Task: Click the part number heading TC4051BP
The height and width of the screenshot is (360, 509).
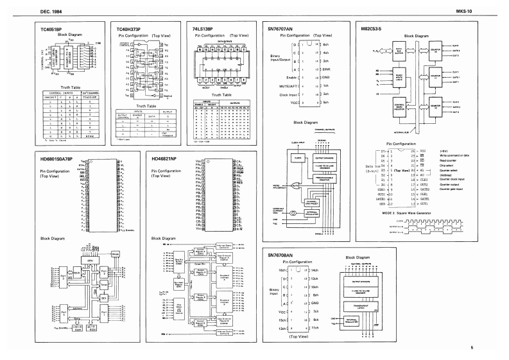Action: [x=52, y=29]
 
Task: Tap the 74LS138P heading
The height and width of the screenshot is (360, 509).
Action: [x=203, y=29]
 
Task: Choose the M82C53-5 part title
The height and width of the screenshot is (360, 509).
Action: [x=372, y=29]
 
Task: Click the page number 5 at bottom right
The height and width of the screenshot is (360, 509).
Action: [x=472, y=348]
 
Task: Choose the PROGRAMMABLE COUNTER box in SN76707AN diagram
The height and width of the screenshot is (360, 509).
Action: [x=313, y=182]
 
